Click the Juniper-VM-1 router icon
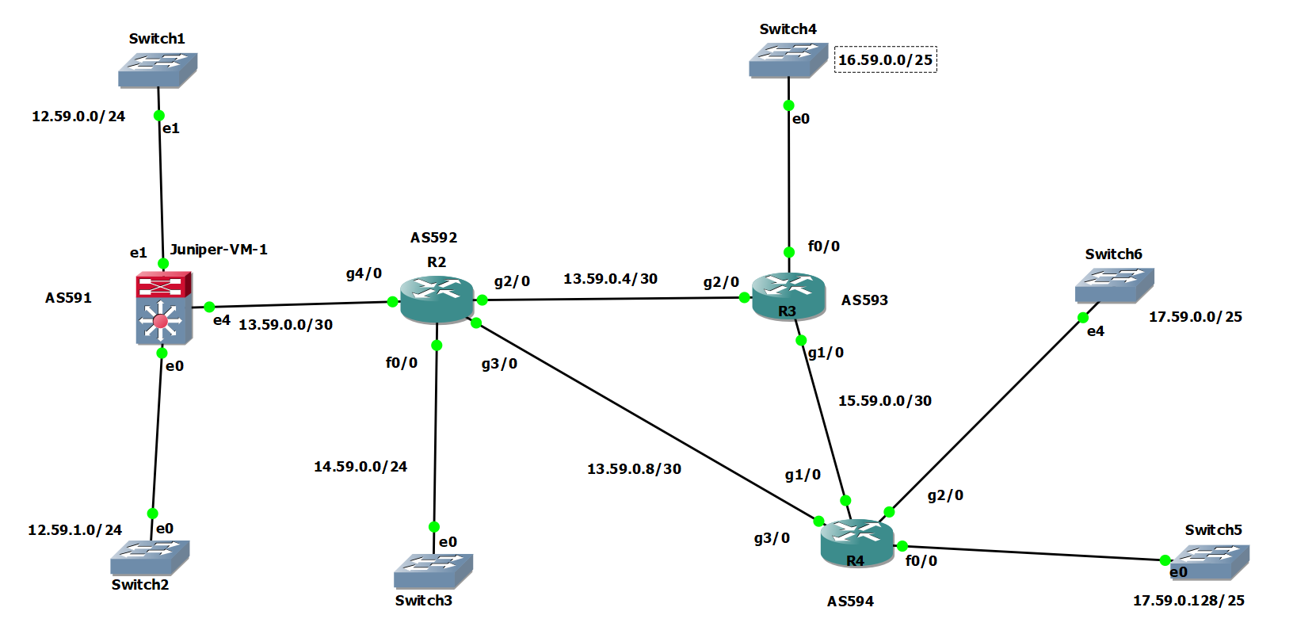point(163,309)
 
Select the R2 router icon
point(437,300)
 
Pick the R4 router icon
point(856,543)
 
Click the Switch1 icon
point(157,69)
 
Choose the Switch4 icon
point(788,59)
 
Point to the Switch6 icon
point(1113,285)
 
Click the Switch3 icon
point(433,570)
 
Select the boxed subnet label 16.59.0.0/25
point(885,59)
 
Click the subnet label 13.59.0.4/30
point(610,279)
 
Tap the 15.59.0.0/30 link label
point(884,401)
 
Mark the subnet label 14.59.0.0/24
point(360,467)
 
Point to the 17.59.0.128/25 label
point(1188,601)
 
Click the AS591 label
point(68,298)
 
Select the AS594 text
point(850,602)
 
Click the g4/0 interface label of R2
point(364,273)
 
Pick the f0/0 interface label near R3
point(823,246)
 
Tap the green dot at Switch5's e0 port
point(1165,560)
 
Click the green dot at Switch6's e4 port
point(1082,318)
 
